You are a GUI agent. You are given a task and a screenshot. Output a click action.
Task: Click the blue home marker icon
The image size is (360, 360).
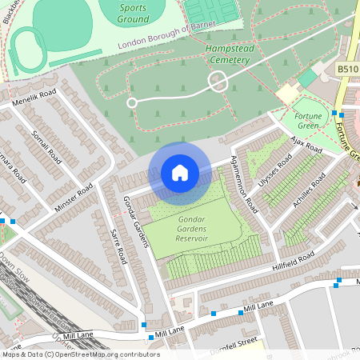tap(180, 173)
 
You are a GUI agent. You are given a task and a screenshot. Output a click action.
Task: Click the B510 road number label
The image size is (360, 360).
tap(347, 69)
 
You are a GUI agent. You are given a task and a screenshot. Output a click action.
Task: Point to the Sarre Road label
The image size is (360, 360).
tap(117, 243)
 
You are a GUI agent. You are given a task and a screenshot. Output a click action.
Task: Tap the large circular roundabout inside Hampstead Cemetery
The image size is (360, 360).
tap(217, 81)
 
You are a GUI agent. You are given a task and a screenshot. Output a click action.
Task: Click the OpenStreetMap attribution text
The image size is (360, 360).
tap(80, 354)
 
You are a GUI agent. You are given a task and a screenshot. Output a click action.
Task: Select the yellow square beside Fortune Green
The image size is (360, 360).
tap(286, 94)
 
